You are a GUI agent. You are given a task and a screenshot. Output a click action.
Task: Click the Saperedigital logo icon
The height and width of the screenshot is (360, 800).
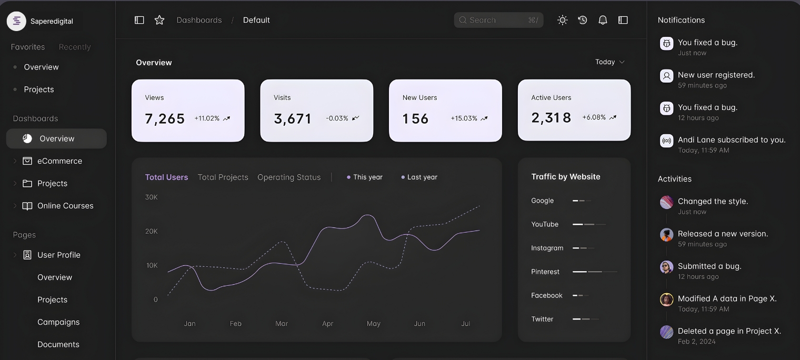(16, 21)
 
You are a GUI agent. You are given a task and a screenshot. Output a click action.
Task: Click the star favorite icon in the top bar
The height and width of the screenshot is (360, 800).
(159, 20)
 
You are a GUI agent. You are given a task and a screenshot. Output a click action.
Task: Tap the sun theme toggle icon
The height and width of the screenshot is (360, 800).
(563, 20)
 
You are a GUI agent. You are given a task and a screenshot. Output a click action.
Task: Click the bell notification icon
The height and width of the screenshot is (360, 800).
(603, 20)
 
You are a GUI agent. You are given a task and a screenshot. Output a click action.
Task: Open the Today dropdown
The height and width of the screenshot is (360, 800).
(609, 62)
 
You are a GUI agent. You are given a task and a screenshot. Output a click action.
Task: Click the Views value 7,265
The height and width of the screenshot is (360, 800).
(165, 118)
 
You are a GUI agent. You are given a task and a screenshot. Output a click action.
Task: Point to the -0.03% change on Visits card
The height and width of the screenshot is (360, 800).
(337, 118)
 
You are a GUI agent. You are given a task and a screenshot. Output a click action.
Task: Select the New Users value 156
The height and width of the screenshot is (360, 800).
(415, 118)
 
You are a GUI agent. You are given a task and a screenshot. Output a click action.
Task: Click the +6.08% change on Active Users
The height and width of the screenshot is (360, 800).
(594, 117)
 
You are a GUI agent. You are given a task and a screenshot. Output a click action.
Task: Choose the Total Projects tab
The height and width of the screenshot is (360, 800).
(223, 177)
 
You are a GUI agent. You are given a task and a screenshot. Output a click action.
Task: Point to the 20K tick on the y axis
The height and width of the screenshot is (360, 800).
(151, 232)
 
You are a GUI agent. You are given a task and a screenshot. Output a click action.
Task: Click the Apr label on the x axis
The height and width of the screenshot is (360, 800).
(327, 324)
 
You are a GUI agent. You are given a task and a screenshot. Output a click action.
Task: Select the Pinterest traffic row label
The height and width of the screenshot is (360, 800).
(545, 272)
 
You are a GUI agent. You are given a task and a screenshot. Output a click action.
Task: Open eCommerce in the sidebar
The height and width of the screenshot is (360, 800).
(59, 161)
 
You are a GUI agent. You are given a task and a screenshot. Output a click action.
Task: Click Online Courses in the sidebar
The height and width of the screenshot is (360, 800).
(65, 206)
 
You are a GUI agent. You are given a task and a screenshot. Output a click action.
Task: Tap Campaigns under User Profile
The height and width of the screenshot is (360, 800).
(58, 322)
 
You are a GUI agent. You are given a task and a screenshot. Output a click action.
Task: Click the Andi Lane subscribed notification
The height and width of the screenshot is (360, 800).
(731, 140)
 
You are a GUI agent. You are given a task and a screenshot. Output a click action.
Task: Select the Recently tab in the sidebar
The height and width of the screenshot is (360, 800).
(75, 47)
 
